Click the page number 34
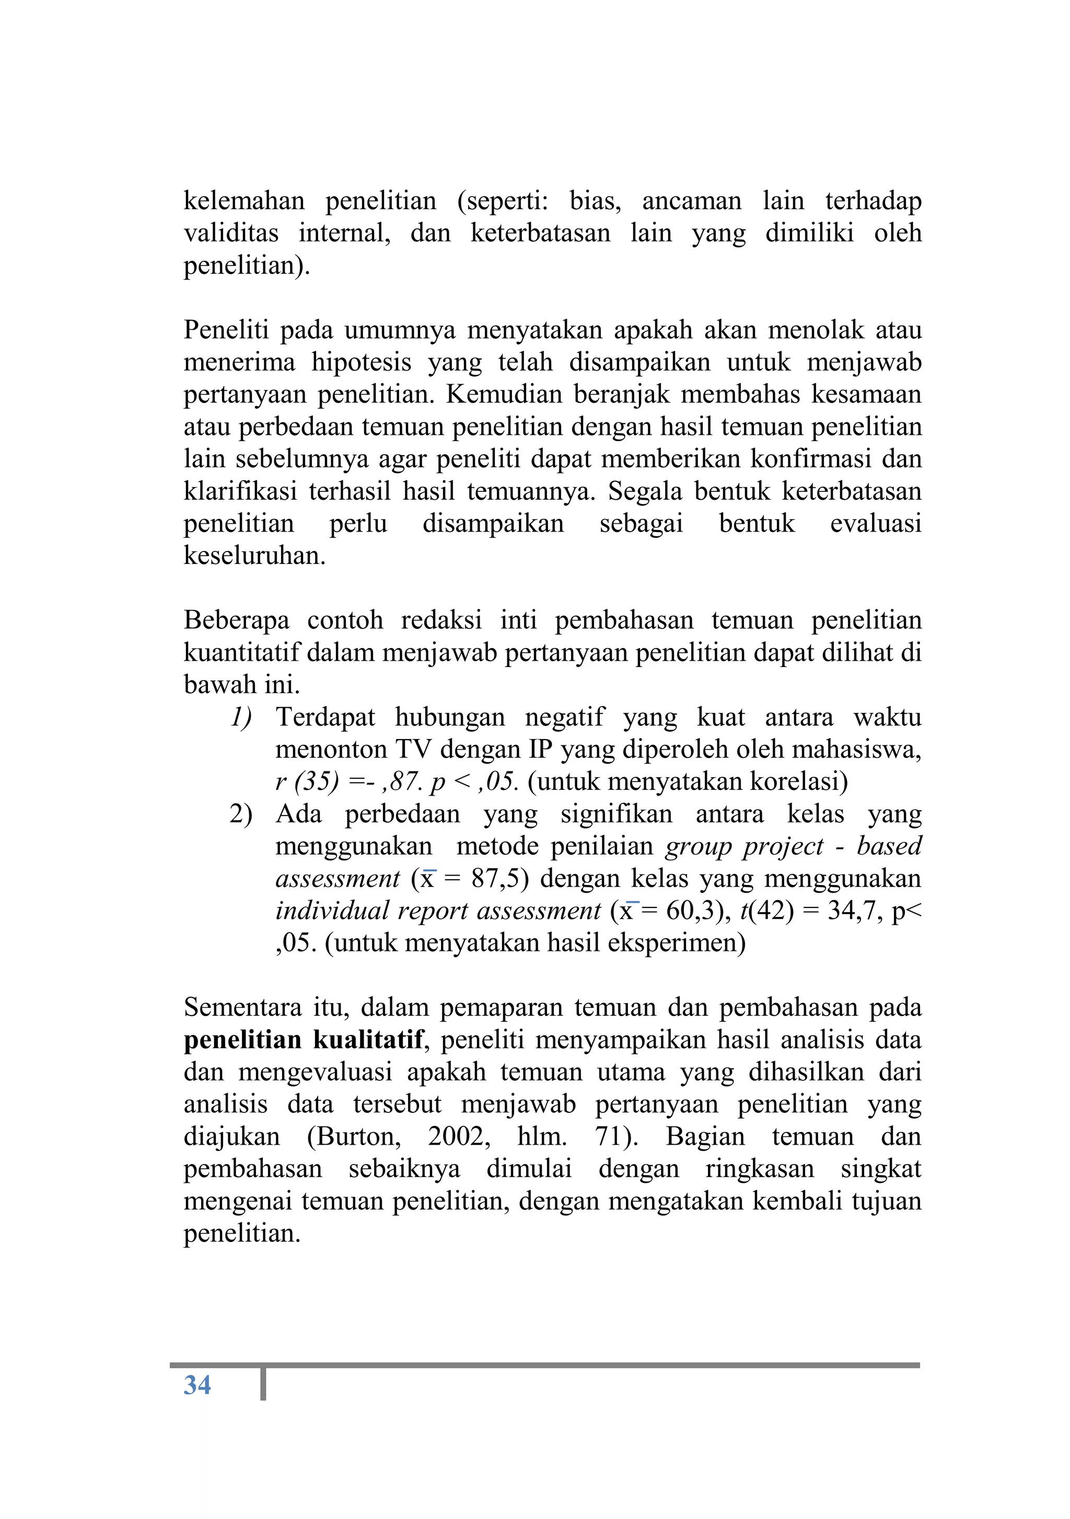(197, 1385)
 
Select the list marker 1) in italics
(241, 717)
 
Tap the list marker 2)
(241, 814)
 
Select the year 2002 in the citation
(458, 1136)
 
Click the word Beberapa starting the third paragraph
(237, 620)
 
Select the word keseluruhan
(254, 556)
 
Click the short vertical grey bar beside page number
(263, 1384)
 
